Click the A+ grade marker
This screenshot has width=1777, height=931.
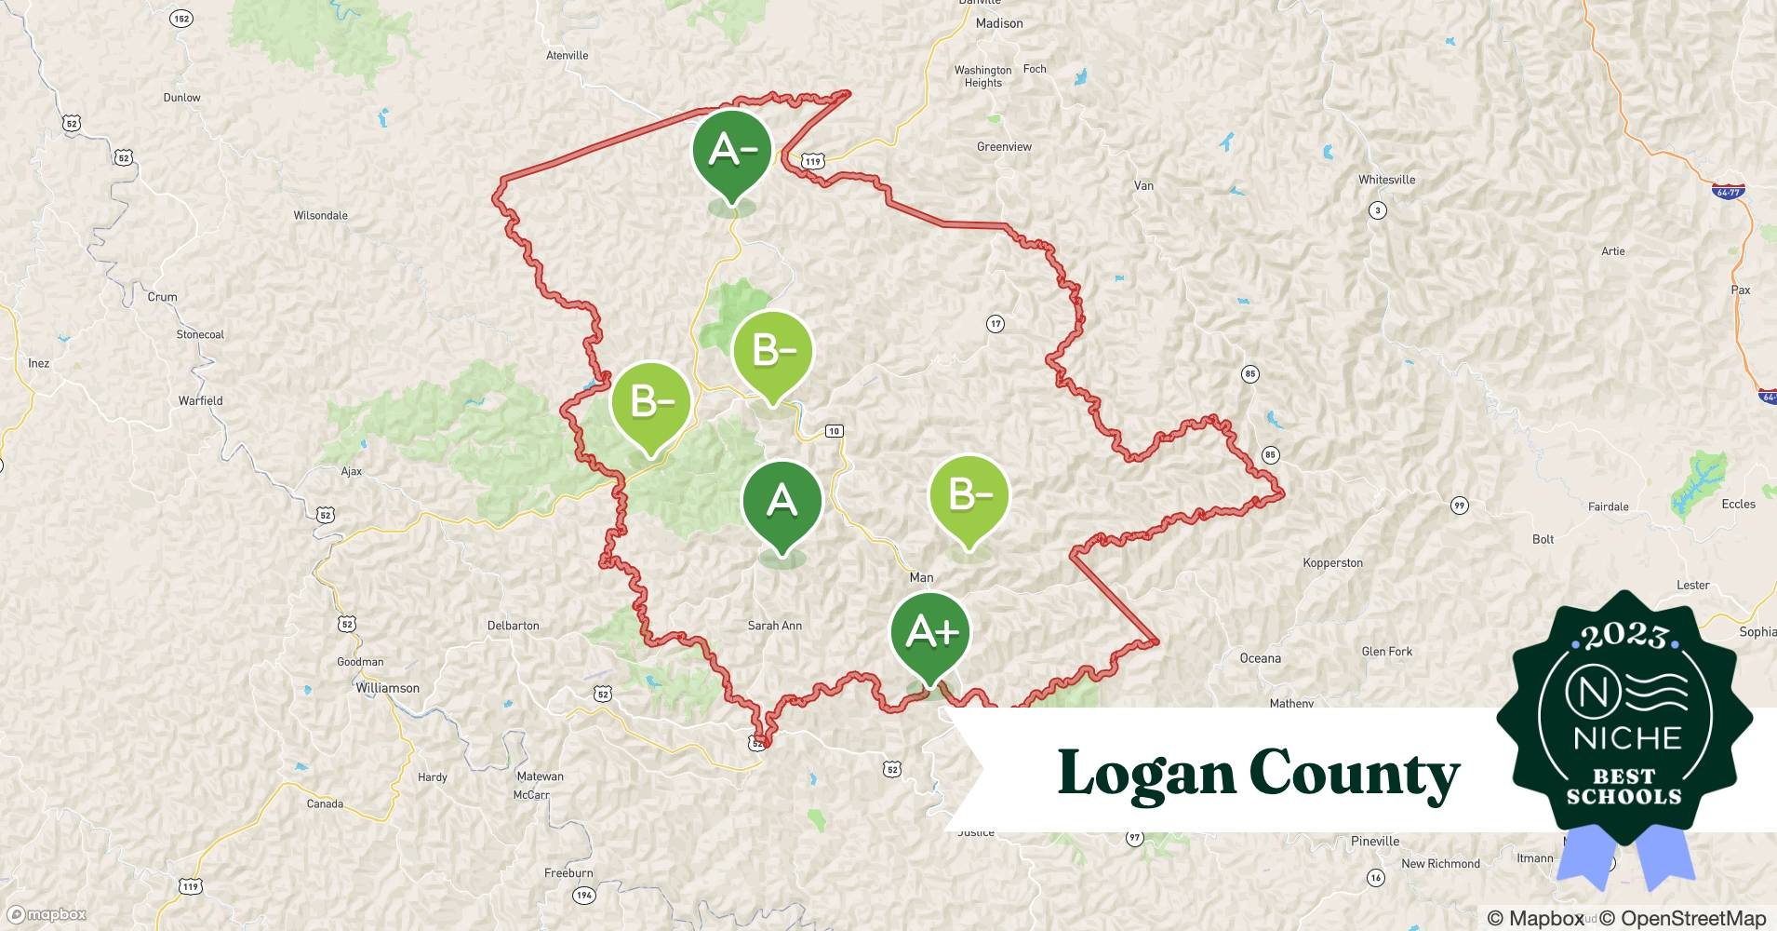(930, 633)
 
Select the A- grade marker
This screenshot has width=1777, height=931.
(732, 151)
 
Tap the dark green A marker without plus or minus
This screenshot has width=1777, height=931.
(782, 502)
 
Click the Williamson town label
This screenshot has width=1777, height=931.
(387, 688)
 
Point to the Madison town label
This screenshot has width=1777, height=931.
(999, 23)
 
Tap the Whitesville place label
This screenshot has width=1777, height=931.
(1386, 180)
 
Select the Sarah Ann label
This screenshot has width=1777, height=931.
(774, 626)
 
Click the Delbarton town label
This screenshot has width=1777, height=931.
(513, 626)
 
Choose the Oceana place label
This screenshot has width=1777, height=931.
(1260, 658)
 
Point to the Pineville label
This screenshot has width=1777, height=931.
(1374, 841)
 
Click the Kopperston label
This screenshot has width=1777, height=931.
(1332, 562)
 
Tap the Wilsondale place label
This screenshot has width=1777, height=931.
(320, 215)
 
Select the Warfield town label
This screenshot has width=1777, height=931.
(200, 400)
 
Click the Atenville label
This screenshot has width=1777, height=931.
(567, 55)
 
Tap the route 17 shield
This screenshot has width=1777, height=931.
(995, 324)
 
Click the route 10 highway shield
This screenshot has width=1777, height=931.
(834, 430)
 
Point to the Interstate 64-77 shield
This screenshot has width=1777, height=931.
(1728, 192)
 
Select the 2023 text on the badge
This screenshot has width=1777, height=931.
(1624, 636)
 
